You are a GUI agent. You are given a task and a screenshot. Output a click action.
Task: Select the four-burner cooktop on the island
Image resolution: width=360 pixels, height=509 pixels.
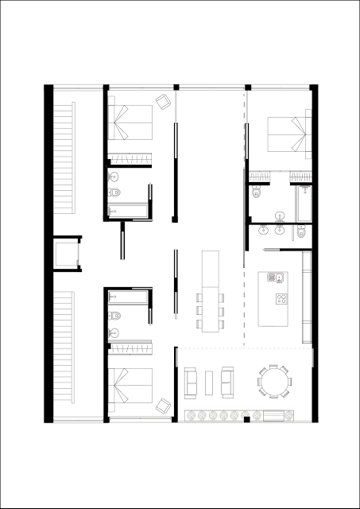coord(283,299)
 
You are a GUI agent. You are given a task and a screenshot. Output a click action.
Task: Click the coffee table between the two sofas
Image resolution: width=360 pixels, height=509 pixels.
coord(209,383)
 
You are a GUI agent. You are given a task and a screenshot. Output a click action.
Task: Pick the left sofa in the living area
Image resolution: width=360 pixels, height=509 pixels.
coord(191,383)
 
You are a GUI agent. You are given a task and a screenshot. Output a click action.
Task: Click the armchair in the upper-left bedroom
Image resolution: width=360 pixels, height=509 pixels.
coord(164,103)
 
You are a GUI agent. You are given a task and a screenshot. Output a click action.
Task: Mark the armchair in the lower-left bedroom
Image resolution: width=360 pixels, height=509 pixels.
coord(164,406)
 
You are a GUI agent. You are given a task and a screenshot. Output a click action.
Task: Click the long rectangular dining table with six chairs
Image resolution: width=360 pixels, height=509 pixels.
coord(211,291)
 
